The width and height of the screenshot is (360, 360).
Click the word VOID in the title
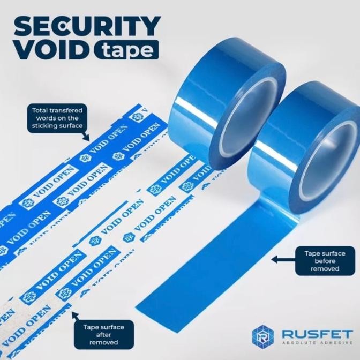click(53, 49)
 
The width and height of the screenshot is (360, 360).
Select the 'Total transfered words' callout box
click(57, 118)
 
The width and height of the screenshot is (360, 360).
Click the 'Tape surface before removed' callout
click(325, 261)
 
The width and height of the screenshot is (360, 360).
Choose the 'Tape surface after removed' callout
click(103, 335)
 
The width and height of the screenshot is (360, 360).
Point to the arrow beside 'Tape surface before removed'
click(283, 260)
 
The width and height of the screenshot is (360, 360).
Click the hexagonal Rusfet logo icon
click(263, 336)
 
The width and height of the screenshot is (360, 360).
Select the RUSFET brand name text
click(317, 334)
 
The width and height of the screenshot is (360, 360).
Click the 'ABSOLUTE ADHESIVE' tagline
click(318, 343)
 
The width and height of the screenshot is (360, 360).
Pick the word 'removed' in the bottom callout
click(103, 342)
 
